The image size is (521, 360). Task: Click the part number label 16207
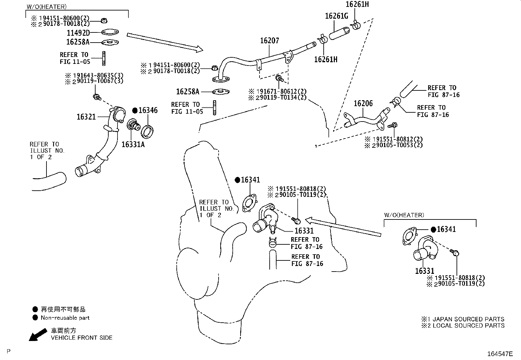270,41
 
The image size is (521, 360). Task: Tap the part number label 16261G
336,16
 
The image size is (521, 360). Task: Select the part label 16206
363,103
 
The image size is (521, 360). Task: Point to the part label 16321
86,117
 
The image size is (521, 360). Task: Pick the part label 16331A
133,144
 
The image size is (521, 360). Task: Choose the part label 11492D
78,33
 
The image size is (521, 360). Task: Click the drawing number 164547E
500,354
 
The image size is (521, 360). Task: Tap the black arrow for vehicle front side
38,335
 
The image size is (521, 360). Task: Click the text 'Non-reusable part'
65,318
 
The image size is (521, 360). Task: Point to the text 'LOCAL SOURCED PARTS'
469,325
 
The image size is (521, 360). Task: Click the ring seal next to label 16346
147,132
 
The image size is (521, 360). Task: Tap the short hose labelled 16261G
339,33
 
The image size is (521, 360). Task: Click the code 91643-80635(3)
98,75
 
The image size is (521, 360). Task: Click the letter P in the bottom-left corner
9,351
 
